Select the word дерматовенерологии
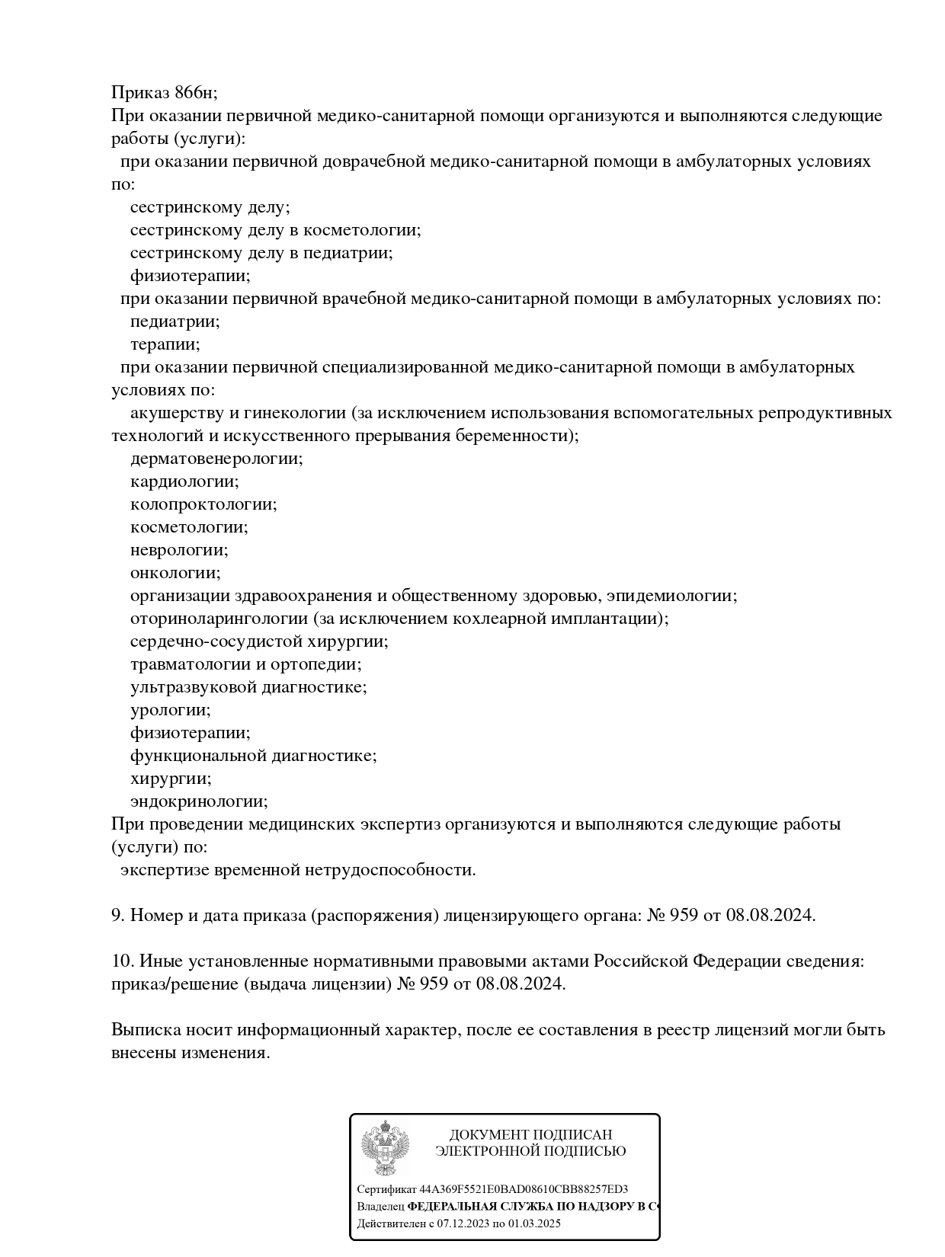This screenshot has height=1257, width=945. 216,459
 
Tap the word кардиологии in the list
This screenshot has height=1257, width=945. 184,481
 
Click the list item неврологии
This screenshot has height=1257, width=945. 178,550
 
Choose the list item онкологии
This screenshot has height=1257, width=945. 175,573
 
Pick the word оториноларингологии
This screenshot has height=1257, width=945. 219,619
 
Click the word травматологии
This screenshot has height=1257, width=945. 191,664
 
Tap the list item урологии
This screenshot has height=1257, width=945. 170,710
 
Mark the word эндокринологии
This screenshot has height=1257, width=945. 198,801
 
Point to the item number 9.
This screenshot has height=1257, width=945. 117,916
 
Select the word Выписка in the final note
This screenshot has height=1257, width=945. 146,1030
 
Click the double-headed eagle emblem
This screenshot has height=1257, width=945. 385,1148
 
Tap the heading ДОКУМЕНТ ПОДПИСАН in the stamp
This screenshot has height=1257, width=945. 530,1135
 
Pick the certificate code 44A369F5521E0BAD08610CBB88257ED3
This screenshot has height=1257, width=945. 524,1189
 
